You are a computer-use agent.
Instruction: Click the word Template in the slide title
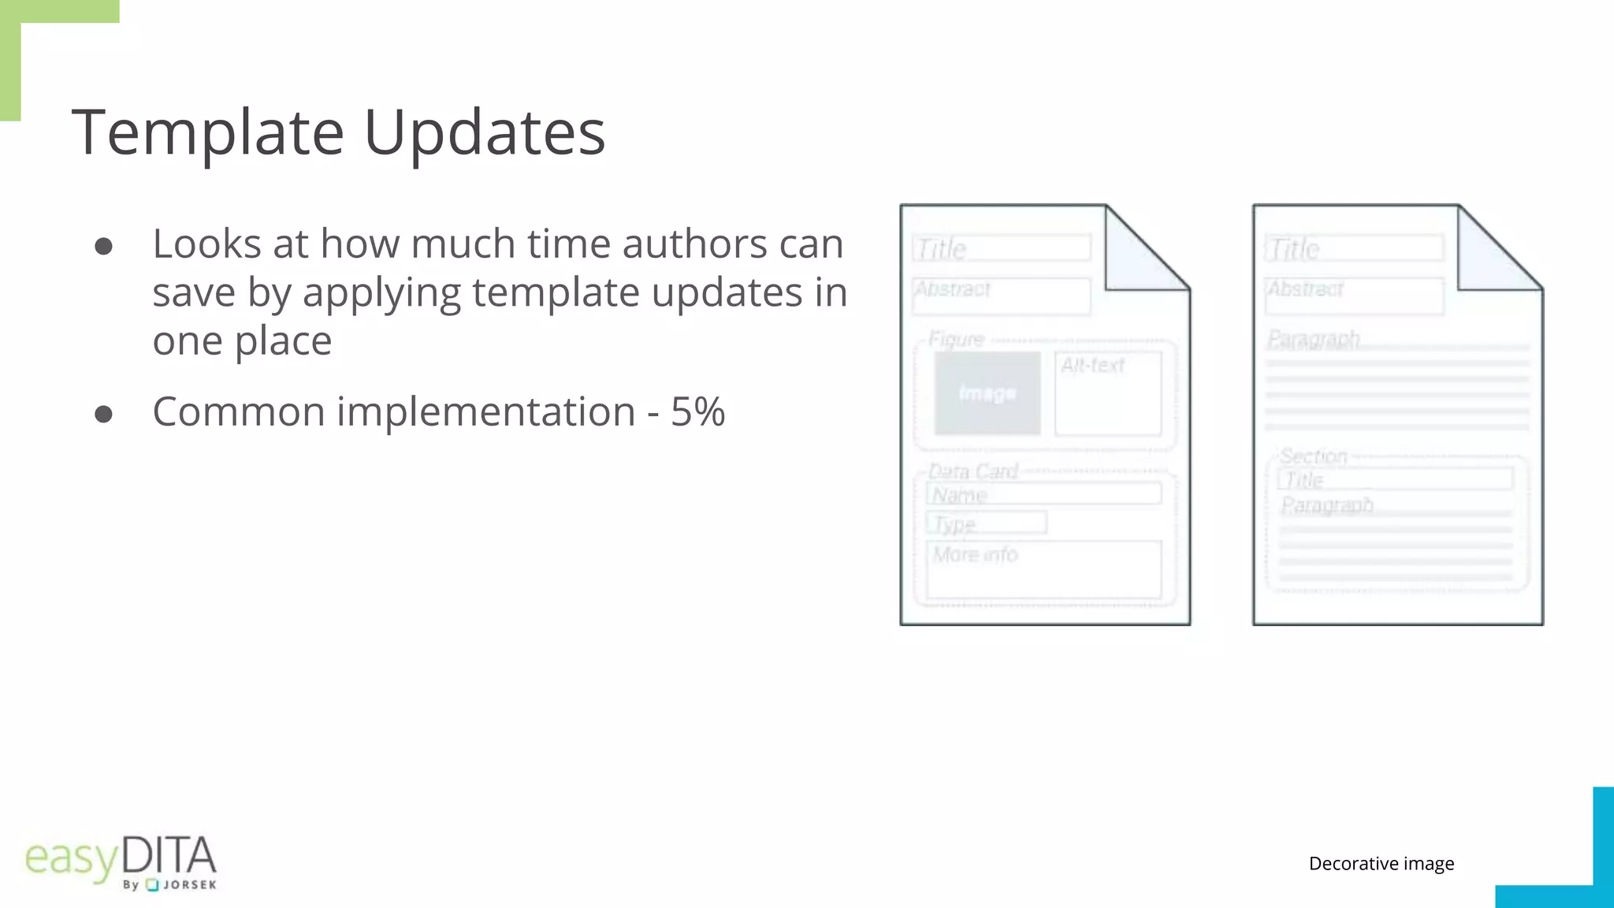208,132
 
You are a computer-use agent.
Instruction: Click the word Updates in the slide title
484,132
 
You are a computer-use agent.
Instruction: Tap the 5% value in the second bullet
697,411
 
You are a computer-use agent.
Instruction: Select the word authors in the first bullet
693,244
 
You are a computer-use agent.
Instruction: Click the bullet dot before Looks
103,247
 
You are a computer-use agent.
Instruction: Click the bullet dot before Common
103,414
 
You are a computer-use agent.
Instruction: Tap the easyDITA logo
121,861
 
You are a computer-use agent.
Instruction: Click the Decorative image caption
1381,864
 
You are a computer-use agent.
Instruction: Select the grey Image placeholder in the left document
987,393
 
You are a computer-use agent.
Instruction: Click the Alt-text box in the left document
1107,393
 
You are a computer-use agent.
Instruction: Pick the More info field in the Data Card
1043,569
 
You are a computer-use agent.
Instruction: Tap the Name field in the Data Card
1043,494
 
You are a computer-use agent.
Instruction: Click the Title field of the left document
1002,248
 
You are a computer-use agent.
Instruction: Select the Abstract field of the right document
1354,296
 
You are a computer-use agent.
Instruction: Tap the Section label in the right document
1313,456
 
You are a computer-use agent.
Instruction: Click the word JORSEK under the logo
189,885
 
